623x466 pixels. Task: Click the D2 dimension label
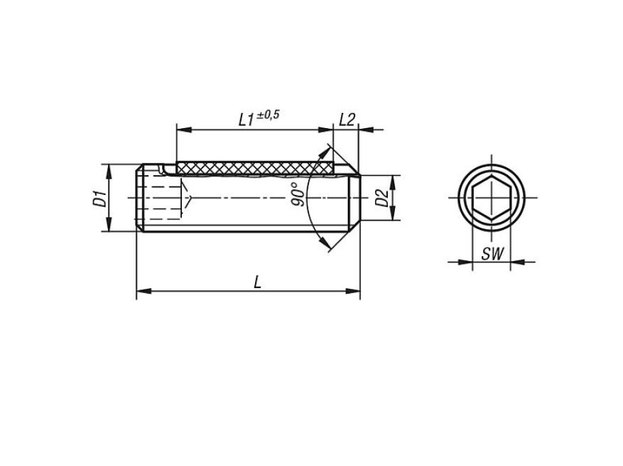pyautogui.click(x=381, y=198)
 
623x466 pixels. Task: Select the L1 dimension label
pyautogui.click(x=247, y=120)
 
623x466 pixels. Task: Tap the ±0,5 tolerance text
pyautogui.click(x=269, y=115)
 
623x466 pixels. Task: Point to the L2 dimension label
pyautogui.click(x=347, y=120)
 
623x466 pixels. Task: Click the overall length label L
pyautogui.click(x=257, y=282)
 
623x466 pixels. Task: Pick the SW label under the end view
pyautogui.click(x=492, y=253)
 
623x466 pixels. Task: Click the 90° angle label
pyautogui.click(x=299, y=194)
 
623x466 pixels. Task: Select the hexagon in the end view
pyautogui.click(x=492, y=197)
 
